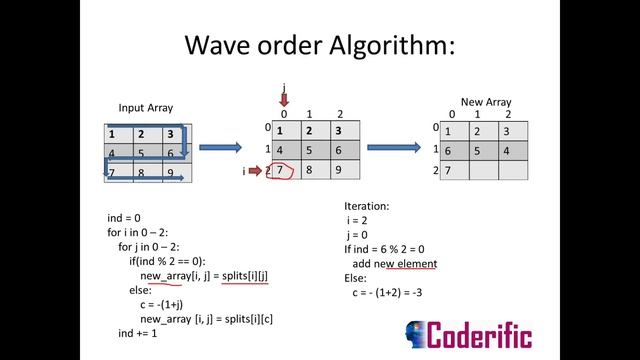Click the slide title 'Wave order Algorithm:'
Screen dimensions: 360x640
coord(320,45)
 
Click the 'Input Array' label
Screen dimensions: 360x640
coord(146,108)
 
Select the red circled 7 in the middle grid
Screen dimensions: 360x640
coord(283,170)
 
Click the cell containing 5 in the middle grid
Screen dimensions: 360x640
coord(311,150)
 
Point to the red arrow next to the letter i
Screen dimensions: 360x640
coord(255,171)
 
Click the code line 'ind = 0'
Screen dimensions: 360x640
coord(124,217)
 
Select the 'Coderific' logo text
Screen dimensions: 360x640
coord(480,334)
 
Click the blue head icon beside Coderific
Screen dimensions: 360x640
coord(415,334)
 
